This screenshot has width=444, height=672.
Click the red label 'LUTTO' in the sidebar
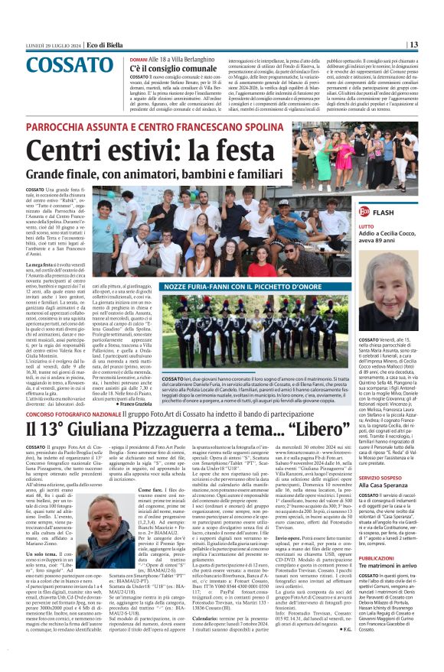coord(366,226)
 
